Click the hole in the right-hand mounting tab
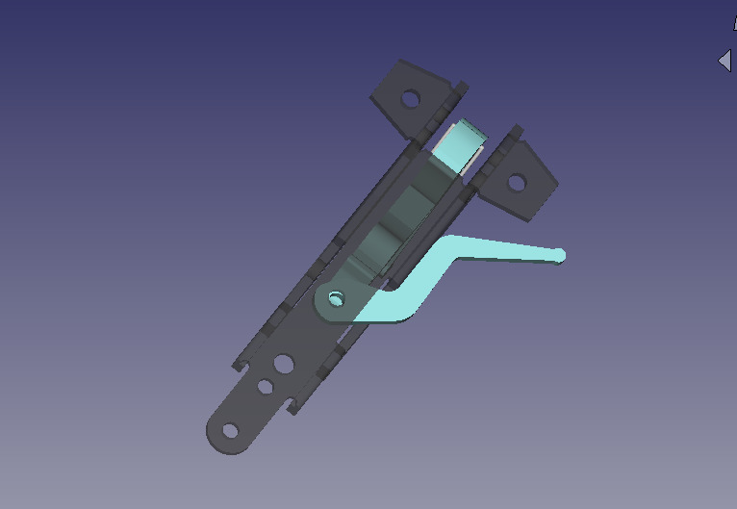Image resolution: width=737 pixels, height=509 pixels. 516,181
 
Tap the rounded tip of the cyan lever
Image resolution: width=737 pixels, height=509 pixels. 558,255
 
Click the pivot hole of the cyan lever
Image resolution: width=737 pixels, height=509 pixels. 335,298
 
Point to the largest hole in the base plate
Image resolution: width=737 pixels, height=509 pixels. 283,365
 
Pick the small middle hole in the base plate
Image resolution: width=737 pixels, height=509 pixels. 264,387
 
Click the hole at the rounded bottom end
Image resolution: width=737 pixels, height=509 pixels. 230,430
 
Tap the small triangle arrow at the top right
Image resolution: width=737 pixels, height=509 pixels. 724,61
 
